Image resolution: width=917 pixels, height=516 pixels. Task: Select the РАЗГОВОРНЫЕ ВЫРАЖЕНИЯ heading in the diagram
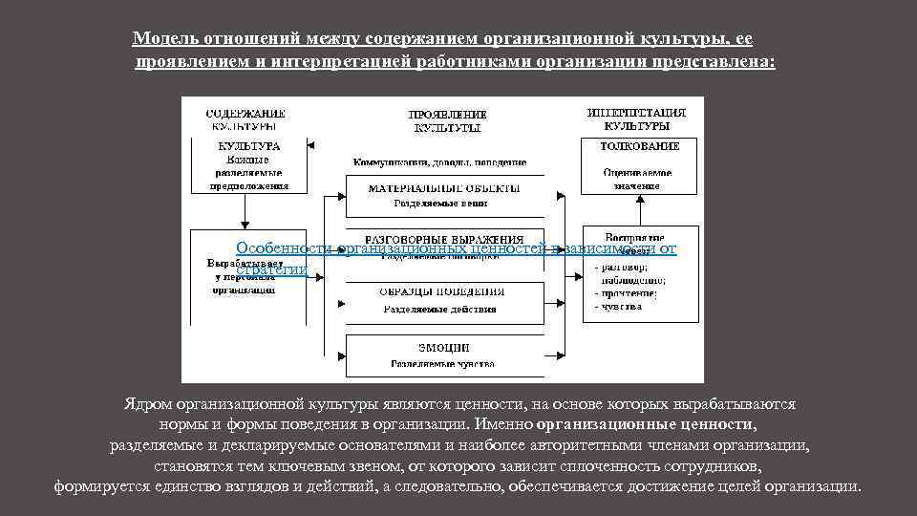[x=444, y=238]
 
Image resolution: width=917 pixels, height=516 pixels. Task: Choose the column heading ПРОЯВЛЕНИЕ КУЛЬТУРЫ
[x=447, y=120]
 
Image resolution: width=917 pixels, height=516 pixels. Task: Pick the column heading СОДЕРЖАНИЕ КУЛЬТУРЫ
[x=245, y=119]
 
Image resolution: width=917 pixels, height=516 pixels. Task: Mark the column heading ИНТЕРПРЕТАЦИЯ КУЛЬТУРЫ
[x=636, y=119]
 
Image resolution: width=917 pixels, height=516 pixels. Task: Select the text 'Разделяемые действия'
[x=439, y=310]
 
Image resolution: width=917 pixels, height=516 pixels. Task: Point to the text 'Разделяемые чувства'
[x=441, y=364]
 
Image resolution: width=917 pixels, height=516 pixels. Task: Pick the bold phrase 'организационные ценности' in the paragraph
[x=646, y=424]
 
